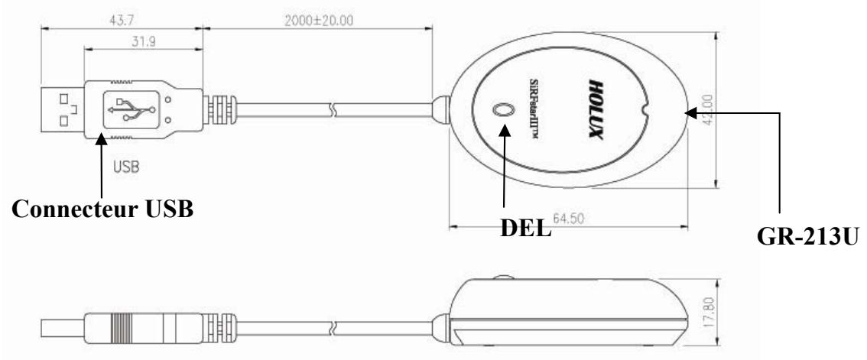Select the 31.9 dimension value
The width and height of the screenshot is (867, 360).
(x=144, y=41)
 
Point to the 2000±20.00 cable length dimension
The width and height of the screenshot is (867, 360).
(x=319, y=21)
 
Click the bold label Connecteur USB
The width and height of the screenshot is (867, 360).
(x=103, y=209)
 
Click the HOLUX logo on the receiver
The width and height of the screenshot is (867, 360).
(x=595, y=109)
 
